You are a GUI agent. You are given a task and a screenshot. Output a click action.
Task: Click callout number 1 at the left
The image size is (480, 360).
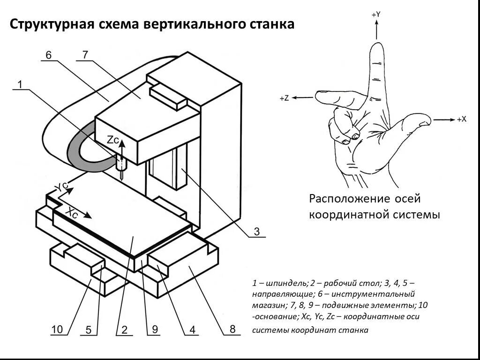(20, 84)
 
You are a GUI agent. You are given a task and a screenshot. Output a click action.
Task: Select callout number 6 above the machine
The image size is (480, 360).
(49, 55)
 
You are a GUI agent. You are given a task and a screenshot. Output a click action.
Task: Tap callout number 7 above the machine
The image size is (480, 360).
(85, 54)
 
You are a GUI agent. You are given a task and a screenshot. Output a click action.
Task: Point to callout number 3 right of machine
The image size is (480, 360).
(256, 231)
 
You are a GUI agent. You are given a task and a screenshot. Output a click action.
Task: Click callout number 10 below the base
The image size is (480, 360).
(57, 330)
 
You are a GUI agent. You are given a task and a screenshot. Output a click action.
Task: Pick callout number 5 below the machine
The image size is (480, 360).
(88, 330)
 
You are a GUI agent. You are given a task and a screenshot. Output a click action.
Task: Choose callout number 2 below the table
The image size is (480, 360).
(124, 330)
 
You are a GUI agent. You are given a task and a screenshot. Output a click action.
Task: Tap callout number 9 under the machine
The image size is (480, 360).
(155, 330)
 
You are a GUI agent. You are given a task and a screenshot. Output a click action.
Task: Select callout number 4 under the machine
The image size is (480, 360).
(192, 330)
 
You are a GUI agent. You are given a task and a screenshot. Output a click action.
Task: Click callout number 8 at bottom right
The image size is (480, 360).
(232, 329)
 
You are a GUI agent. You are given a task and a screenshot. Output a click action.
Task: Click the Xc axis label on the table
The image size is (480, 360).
(71, 212)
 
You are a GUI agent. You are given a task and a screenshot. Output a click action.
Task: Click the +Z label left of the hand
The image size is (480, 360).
(284, 98)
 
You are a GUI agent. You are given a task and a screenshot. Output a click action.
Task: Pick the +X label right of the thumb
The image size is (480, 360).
(461, 120)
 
